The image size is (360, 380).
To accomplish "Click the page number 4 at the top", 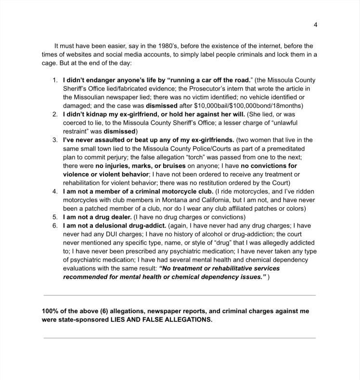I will tap(315, 25).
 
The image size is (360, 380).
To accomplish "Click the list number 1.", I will tap(55, 80).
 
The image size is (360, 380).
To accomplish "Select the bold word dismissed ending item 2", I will tap(120, 131).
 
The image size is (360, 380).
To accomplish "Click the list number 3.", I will tap(55, 140).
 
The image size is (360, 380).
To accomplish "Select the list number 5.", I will tap(55, 217).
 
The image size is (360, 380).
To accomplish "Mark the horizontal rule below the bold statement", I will tap(180, 338).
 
